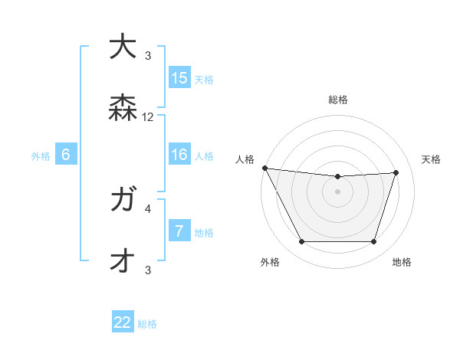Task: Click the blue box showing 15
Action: point(179,78)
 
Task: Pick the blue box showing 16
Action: point(179,155)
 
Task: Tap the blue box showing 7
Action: point(179,232)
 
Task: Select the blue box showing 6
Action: point(66,155)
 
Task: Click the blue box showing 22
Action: point(123,323)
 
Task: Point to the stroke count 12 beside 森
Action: point(148,118)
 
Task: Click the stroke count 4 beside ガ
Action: point(148,208)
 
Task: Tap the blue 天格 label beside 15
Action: point(204,79)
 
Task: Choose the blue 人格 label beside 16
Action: point(204,156)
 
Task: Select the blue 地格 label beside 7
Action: point(204,233)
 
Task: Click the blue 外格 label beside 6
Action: point(41,156)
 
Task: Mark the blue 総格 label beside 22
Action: point(147,324)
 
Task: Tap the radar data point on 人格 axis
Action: point(264,168)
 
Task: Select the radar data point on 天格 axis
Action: point(396,172)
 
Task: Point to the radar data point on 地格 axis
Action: point(374,242)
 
